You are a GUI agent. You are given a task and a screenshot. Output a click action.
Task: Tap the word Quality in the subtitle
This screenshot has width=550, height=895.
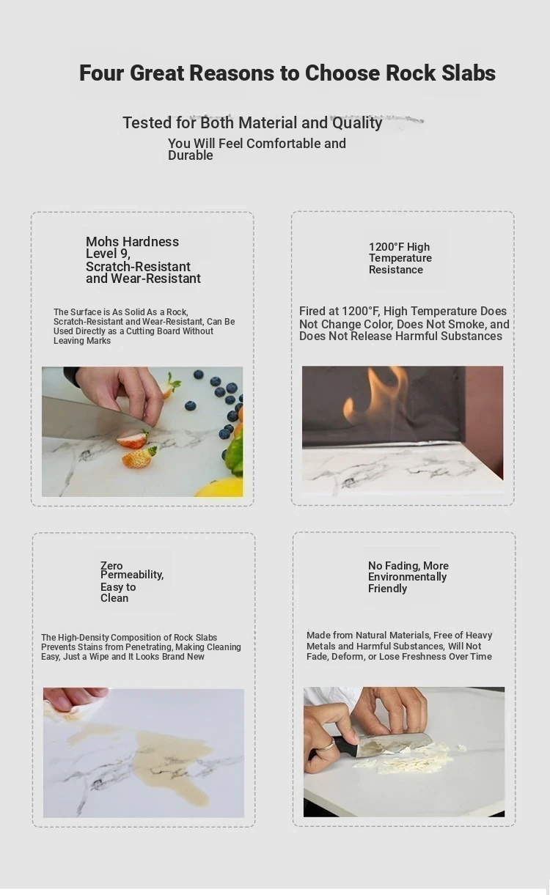click(357, 123)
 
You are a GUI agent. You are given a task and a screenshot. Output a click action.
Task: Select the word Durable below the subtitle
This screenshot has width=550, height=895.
click(190, 155)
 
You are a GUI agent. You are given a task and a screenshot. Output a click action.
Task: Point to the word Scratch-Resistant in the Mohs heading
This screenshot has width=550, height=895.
click(138, 267)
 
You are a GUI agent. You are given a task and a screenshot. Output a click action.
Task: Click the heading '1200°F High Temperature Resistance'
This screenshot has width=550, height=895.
click(400, 258)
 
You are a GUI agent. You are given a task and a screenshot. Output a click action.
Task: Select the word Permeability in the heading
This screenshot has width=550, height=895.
click(132, 575)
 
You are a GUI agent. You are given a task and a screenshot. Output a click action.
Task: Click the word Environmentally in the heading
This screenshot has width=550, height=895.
click(407, 577)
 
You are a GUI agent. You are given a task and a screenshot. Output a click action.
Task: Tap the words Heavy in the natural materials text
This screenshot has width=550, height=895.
click(479, 636)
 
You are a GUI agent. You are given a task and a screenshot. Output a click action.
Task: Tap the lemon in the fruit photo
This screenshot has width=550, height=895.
click(221, 488)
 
